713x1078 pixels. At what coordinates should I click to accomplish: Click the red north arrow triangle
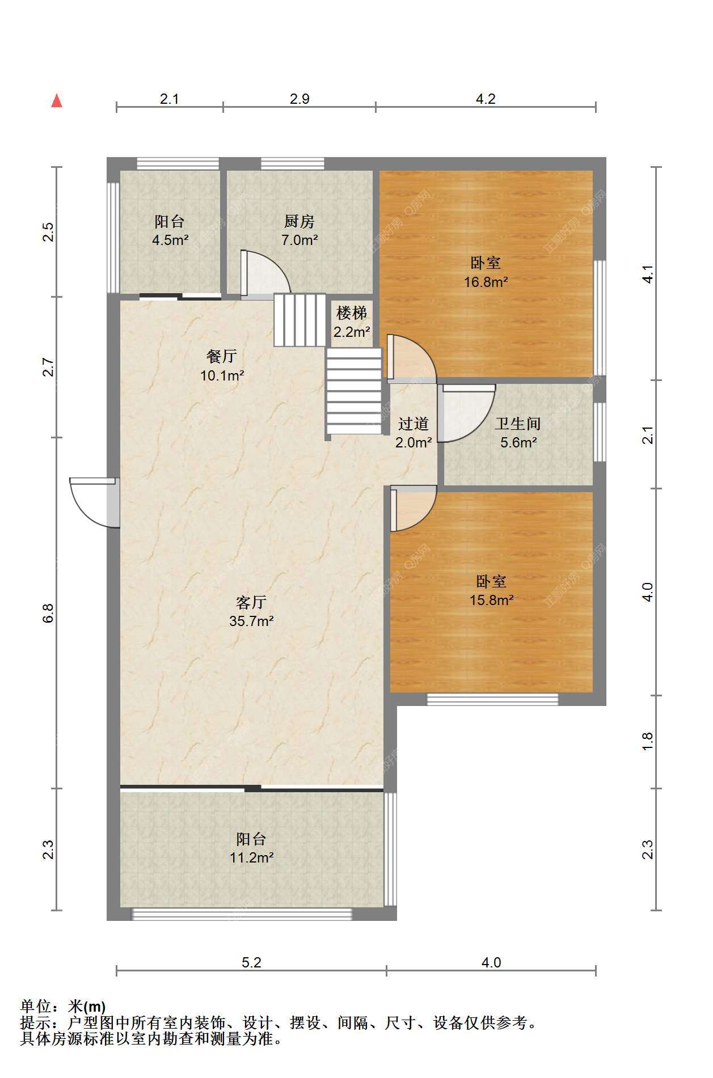(57, 100)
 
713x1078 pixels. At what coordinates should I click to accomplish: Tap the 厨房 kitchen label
(299, 221)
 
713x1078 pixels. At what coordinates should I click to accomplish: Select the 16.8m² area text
(486, 282)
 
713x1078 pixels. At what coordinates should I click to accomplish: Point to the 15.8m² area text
(492, 600)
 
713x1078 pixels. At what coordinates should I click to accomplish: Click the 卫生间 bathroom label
(518, 424)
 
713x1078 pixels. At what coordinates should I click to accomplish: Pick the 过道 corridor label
(414, 424)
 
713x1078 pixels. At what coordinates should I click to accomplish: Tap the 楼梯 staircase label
(352, 312)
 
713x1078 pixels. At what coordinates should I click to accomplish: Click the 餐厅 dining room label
(222, 356)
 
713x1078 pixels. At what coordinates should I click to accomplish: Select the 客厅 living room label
(251, 602)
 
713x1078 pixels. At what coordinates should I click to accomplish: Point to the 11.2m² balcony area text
(252, 857)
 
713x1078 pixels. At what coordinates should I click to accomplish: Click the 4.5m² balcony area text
(170, 240)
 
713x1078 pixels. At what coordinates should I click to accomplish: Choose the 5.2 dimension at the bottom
(251, 962)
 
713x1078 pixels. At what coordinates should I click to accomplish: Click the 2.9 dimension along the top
(299, 99)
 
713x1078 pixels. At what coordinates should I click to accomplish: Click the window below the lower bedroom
(492, 699)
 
